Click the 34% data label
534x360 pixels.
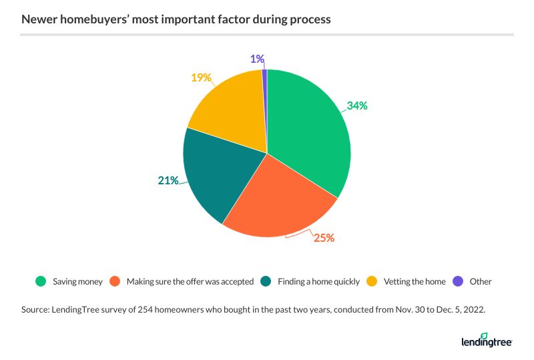click(x=356, y=106)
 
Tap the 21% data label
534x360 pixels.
click(x=168, y=180)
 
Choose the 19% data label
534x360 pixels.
click(x=201, y=77)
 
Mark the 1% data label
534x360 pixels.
click(x=257, y=59)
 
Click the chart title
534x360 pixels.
click(x=176, y=19)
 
